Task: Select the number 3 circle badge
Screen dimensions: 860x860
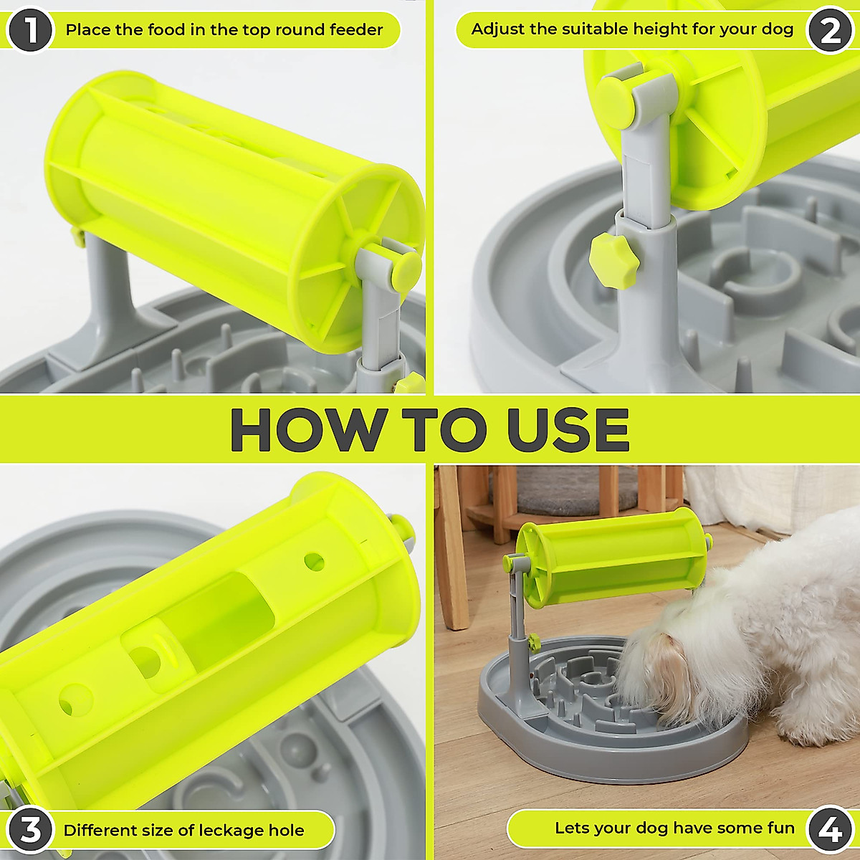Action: point(30,831)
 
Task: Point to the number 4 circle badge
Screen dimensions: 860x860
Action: point(830,830)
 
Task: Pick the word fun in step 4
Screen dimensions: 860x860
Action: point(780,828)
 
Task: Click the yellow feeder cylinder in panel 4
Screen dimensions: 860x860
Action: point(616,555)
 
